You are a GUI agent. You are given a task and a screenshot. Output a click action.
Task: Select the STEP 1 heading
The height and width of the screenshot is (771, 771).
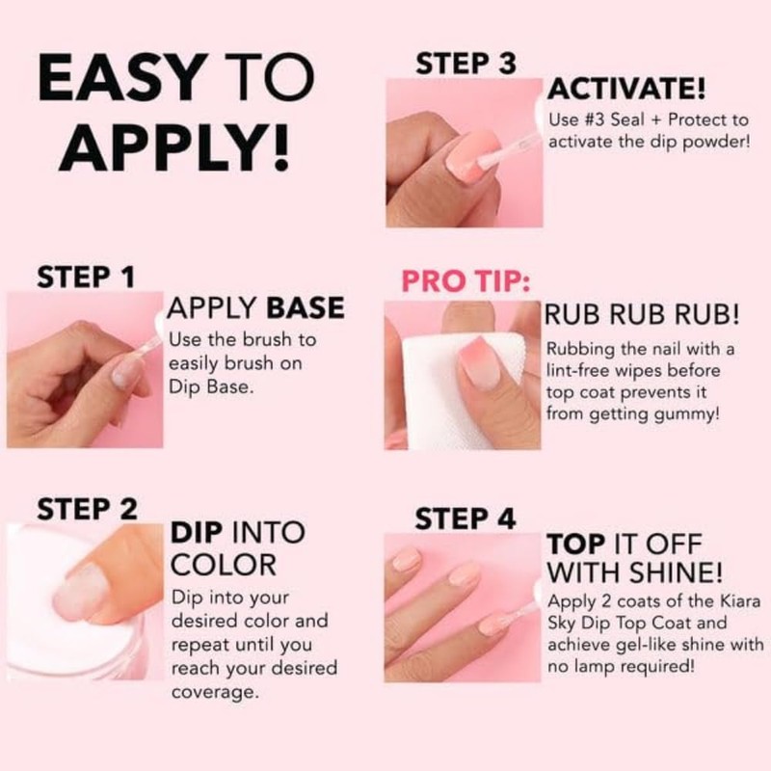(x=85, y=277)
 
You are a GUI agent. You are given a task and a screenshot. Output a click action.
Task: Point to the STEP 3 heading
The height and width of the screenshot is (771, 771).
(x=465, y=64)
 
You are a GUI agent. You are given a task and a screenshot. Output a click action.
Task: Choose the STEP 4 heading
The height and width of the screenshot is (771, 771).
(x=465, y=518)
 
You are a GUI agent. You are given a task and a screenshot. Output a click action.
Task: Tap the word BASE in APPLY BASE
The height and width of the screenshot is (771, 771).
(x=305, y=308)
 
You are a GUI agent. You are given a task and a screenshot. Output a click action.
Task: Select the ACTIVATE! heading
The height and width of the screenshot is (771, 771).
(x=626, y=91)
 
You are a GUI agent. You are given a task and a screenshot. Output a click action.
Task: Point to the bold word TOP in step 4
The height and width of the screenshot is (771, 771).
(x=576, y=543)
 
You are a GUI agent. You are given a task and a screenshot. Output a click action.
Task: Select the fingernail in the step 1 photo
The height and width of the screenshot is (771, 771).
(x=125, y=370)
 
